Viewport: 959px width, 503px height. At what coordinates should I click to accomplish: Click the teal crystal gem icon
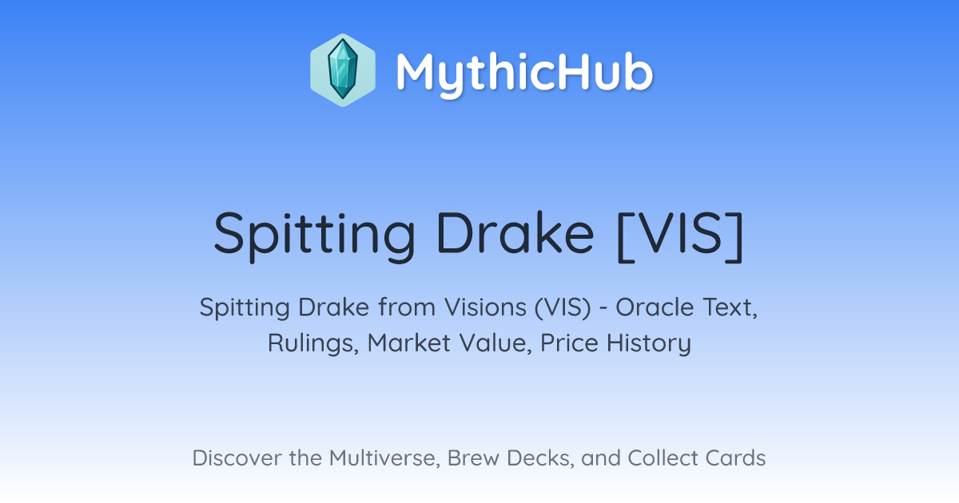point(343,70)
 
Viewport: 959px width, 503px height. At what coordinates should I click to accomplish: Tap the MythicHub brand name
point(524,73)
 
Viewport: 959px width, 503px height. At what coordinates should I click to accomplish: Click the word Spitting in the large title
point(314,236)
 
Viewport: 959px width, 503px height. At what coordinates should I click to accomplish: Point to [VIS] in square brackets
point(680,236)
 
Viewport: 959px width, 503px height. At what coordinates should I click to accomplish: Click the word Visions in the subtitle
point(485,307)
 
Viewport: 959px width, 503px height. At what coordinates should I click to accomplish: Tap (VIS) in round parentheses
point(563,307)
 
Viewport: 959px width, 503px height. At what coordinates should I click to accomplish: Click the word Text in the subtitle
point(730,307)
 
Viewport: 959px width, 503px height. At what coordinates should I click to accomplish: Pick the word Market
point(409,343)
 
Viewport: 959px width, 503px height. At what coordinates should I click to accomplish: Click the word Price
point(569,343)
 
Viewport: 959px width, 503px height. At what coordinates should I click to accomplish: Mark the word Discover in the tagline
point(237,457)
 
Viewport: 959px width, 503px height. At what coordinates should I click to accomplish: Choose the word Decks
point(540,458)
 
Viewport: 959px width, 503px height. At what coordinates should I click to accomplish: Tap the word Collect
point(667,457)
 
